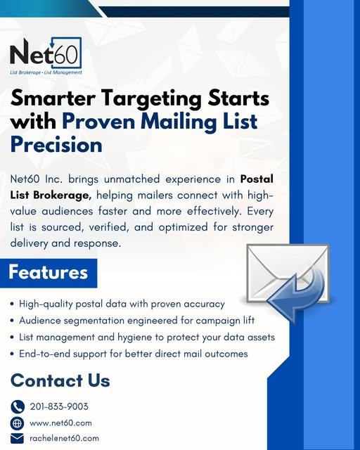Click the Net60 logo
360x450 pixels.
point(46,53)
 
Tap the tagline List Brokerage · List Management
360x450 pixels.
point(46,72)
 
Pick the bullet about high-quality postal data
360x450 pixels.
point(120,304)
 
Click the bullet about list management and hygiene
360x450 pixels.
point(143,337)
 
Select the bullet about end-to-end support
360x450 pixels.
point(130,354)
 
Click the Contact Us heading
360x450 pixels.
point(60,381)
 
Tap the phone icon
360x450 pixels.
point(18,406)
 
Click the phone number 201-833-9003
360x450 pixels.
point(59,406)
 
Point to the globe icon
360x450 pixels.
point(18,423)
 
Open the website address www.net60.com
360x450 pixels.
point(60,423)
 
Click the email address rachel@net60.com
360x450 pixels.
point(64,438)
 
